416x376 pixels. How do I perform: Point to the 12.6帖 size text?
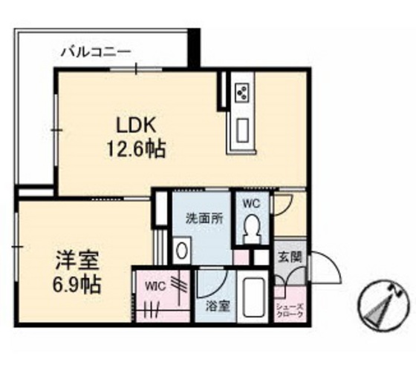(134, 149)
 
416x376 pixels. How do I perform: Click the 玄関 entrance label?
(289, 257)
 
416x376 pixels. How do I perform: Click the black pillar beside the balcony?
(194, 47)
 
